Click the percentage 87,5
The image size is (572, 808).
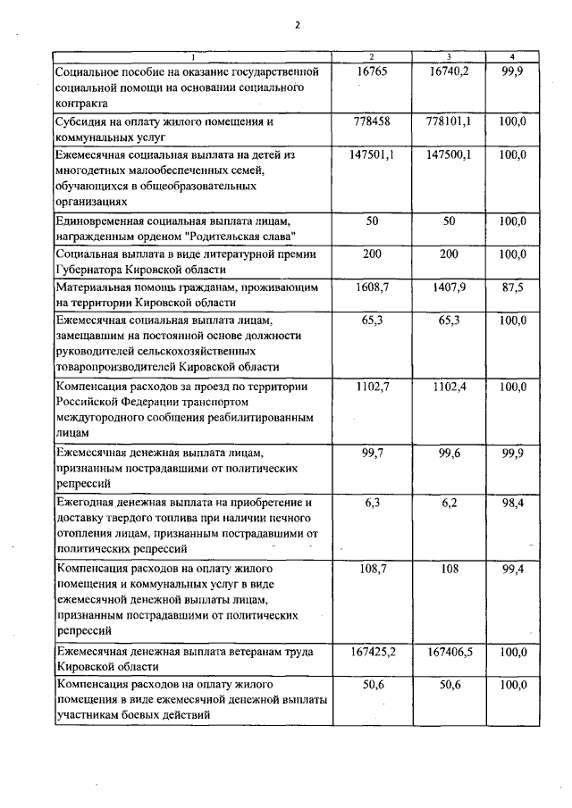click(x=513, y=288)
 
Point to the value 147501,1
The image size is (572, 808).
click(x=373, y=154)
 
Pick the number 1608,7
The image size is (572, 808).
click(x=373, y=288)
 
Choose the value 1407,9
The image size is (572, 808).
click(x=449, y=288)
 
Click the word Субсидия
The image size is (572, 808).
click(x=84, y=121)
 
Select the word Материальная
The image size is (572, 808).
click(x=98, y=288)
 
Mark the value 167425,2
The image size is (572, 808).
click(x=373, y=653)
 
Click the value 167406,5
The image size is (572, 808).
click(x=449, y=653)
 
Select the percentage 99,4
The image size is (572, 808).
click(x=513, y=569)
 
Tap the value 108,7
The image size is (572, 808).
click(x=373, y=569)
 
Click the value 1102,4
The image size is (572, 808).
click(x=449, y=387)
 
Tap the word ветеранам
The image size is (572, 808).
click(x=243, y=653)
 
